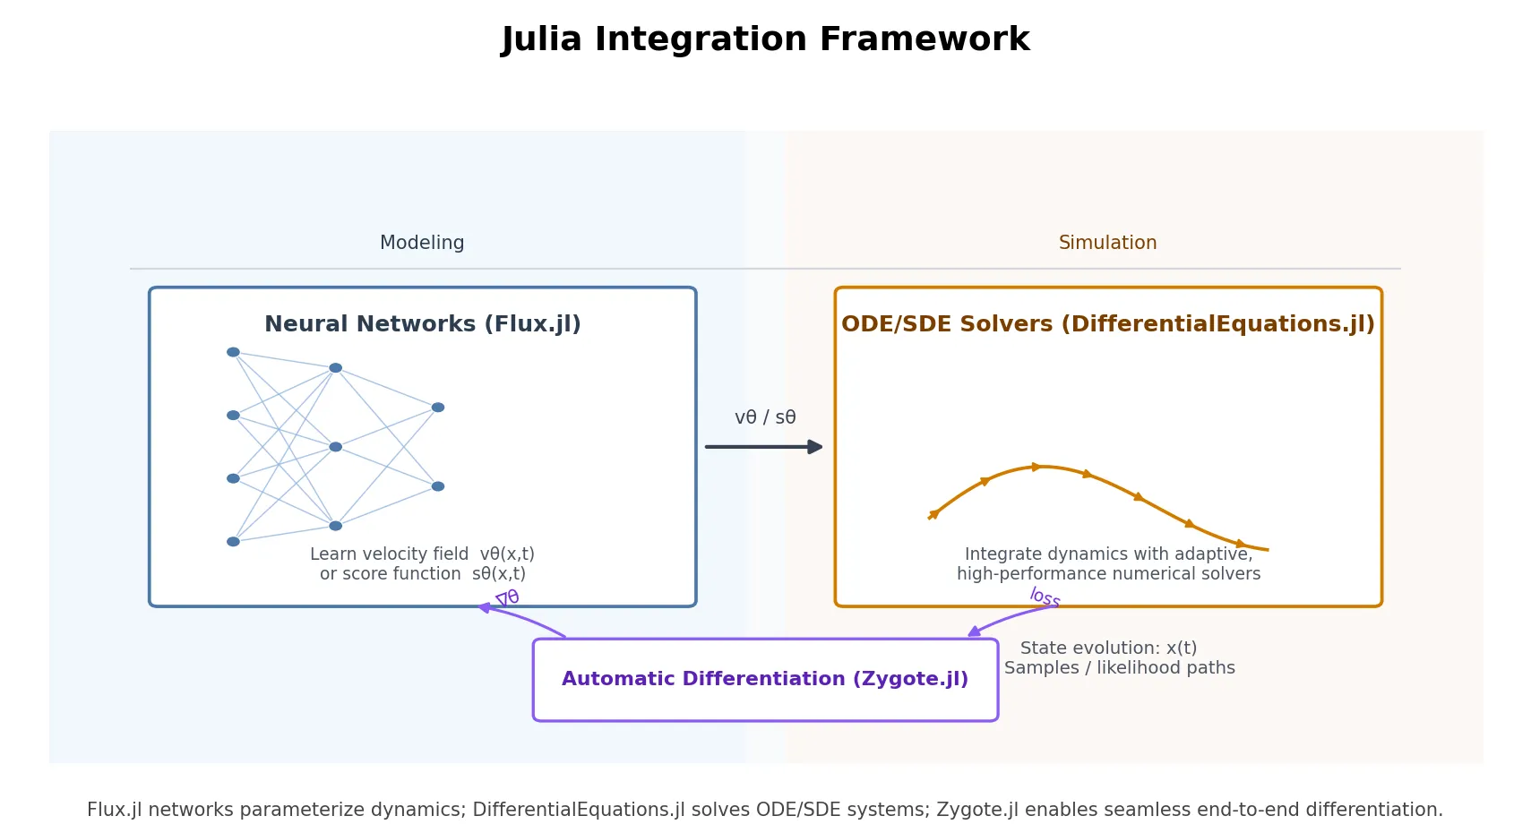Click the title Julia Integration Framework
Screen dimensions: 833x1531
tap(765, 39)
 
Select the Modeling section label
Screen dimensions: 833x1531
tap(422, 243)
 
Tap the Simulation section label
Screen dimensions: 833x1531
tap(1107, 243)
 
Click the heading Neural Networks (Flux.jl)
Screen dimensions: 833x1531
tap(422, 324)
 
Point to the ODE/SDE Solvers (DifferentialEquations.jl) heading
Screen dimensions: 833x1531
tap(1107, 324)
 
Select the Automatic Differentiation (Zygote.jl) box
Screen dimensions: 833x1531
tap(765, 679)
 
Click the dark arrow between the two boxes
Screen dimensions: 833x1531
tap(763, 446)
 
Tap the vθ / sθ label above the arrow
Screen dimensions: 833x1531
tap(765, 417)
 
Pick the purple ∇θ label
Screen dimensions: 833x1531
tap(507, 598)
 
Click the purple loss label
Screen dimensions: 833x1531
tap(1045, 597)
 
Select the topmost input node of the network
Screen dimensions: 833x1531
tap(233, 352)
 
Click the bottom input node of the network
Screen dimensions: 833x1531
tap(233, 541)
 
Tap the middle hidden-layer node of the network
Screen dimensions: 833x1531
tap(335, 446)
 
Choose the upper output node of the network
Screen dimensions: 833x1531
tap(437, 408)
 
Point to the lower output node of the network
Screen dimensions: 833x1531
tap(437, 486)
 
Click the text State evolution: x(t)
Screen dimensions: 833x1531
tap(1108, 648)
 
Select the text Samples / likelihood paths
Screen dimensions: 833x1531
tap(1119, 667)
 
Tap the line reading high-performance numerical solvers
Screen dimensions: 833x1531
tap(1108, 573)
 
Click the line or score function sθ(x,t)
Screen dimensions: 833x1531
tap(422, 573)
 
